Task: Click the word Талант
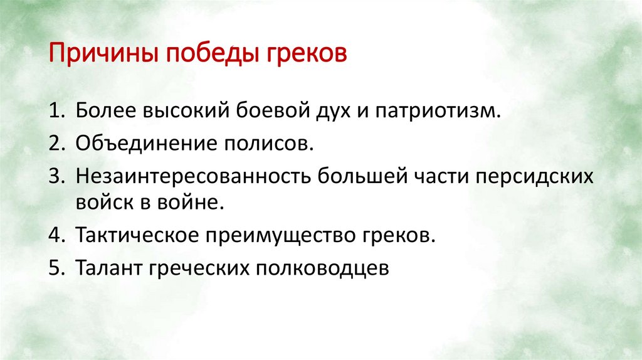pyautogui.click(x=108, y=267)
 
